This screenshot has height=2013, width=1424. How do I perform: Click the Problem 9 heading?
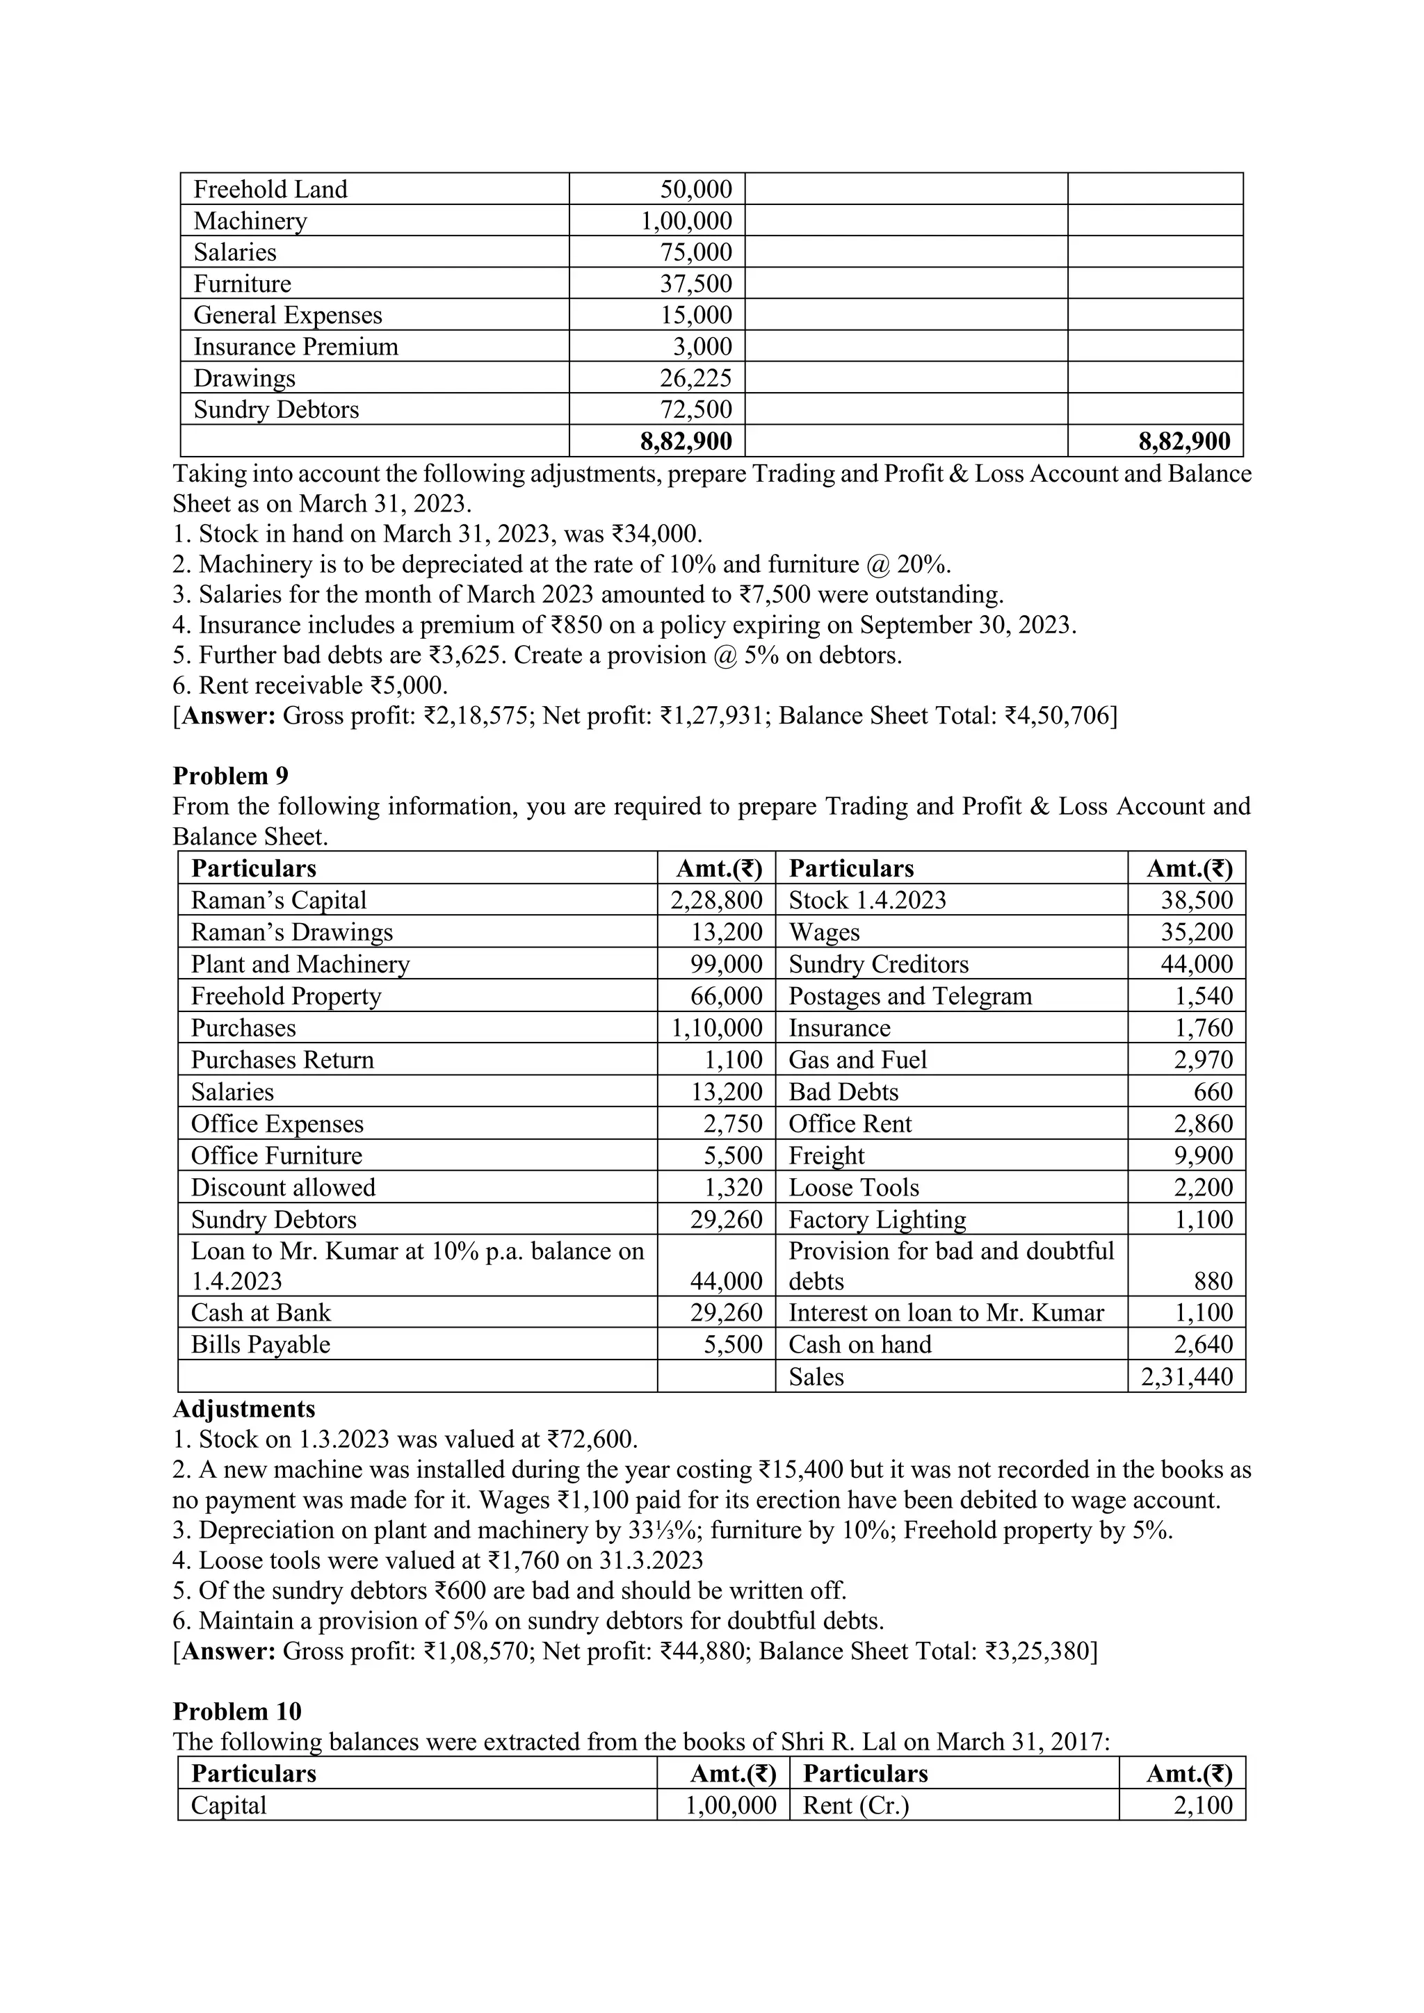231,776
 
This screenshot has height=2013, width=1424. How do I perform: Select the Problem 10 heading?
236,1711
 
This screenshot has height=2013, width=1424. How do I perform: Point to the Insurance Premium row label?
296,346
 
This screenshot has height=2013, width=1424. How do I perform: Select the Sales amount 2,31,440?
1186,1376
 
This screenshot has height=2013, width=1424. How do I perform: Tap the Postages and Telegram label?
910,996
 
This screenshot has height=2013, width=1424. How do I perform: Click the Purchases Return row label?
282,1060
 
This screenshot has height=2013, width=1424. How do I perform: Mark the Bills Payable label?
261,1345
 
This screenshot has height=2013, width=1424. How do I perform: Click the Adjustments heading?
244,1409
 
